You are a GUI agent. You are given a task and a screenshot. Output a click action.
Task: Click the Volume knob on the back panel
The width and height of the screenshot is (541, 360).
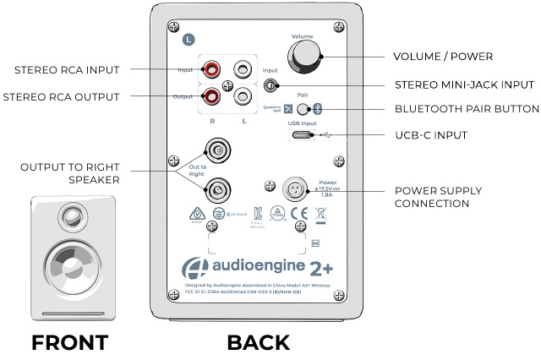click(x=305, y=56)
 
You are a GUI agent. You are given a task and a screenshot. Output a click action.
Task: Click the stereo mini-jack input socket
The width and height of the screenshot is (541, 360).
click(x=271, y=85)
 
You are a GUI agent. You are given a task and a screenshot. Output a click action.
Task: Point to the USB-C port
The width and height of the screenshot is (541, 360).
click(x=300, y=134)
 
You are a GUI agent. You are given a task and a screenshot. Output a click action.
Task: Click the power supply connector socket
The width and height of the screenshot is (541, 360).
click(x=298, y=187)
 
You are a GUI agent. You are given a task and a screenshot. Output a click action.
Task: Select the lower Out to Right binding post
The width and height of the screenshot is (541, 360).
click(x=218, y=189)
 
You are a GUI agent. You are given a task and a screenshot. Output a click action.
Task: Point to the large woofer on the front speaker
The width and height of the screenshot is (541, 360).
click(x=68, y=267)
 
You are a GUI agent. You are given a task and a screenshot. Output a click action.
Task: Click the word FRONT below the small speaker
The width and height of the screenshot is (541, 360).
click(x=69, y=342)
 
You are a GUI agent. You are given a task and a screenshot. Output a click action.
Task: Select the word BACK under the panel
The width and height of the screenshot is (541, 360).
click(x=258, y=342)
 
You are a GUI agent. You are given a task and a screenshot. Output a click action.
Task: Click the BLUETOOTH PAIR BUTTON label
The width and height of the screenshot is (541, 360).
click(x=467, y=109)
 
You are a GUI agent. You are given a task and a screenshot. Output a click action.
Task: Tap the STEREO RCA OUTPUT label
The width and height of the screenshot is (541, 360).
click(x=60, y=96)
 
